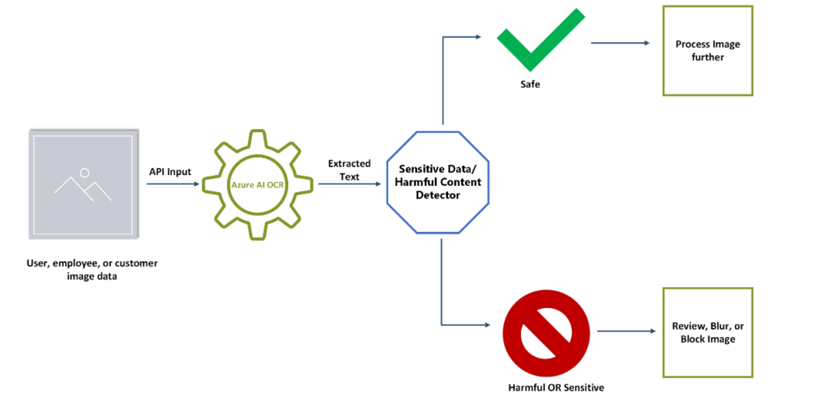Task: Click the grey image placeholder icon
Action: (x=84, y=184)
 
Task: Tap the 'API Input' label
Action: (x=170, y=172)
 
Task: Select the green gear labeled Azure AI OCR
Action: (x=257, y=185)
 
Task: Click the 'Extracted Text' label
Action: (x=349, y=170)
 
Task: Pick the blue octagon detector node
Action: (x=438, y=182)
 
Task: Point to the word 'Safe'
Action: (x=530, y=84)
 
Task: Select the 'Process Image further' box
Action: (x=707, y=51)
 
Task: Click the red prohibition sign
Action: (x=544, y=332)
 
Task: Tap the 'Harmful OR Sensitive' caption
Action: (x=555, y=387)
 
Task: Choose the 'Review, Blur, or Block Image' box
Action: (x=707, y=332)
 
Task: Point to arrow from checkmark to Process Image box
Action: (x=620, y=43)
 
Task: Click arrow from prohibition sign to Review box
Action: (x=626, y=331)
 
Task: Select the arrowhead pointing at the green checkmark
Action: (x=477, y=37)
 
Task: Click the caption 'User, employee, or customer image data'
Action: (x=92, y=269)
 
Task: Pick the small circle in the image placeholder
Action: (x=84, y=172)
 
